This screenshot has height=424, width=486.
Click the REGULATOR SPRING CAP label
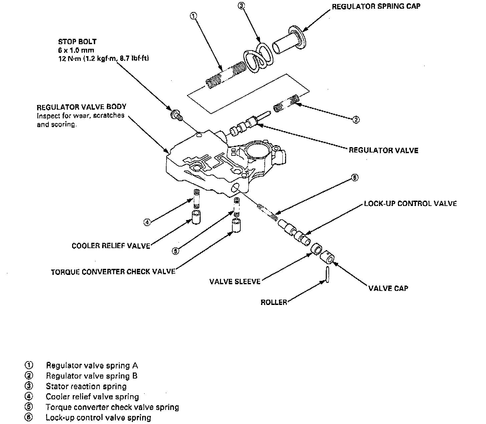tap(376, 7)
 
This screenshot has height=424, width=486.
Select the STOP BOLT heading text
tap(77, 42)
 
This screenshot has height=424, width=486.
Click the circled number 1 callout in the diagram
tap(194, 15)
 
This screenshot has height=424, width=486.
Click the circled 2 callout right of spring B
tap(356, 119)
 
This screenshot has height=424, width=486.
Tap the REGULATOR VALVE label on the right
tap(384, 150)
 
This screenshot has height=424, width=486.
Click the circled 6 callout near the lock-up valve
tap(355, 177)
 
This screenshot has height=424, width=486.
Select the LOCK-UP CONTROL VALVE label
tap(410, 203)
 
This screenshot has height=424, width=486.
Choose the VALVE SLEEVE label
tap(235, 282)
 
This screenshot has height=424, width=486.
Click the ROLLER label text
tap(274, 303)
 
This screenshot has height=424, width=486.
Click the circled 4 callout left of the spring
tap(147, 222)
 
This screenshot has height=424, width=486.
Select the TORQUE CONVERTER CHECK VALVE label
tap(113, 272)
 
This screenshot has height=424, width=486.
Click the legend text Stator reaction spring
tap(86, 387)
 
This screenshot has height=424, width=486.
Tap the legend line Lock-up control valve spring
tap(98, 418)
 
